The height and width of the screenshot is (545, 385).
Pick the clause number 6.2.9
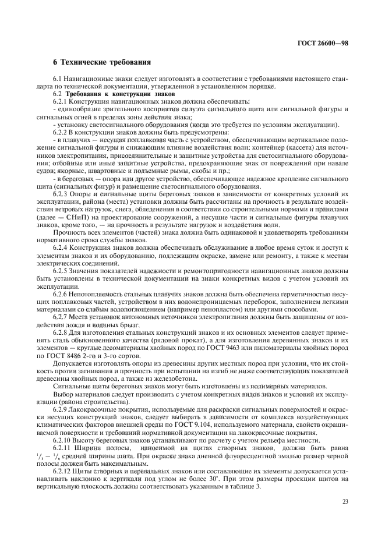click(61, 409)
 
